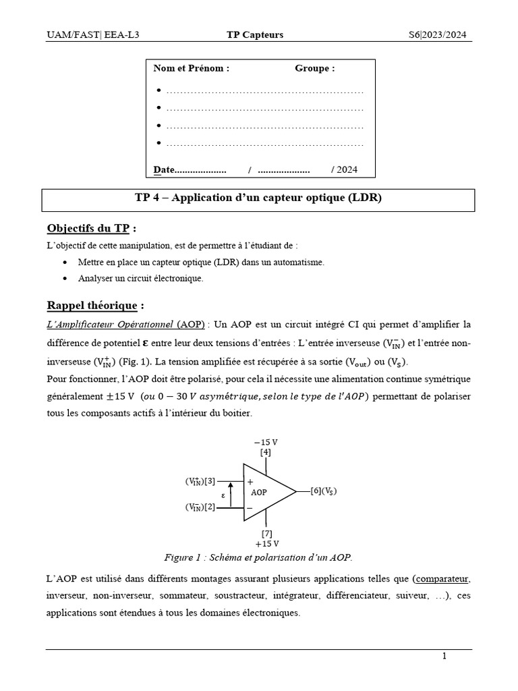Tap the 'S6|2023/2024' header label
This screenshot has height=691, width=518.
(438, 35)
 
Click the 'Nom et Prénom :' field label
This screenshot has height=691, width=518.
(192, 68)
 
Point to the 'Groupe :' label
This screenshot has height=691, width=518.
(314, 68)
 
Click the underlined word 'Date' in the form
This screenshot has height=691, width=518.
(164, 169)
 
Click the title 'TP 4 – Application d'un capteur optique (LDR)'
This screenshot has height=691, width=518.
(258, 198)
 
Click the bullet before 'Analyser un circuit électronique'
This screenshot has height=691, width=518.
(64, 278)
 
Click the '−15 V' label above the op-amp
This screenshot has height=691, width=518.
(265, 442)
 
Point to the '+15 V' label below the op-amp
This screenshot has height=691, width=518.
(267, 543)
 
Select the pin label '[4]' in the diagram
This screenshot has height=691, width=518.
(265, 452)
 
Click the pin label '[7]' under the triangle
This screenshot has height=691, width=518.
(267, 533)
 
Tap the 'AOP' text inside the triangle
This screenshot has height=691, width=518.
(259, 493)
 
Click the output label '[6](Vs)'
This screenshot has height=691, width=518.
(323, 491)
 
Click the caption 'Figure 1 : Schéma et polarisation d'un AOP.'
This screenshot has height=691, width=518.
(258, 557)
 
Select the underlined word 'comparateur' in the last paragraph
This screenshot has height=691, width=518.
(442, 579)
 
